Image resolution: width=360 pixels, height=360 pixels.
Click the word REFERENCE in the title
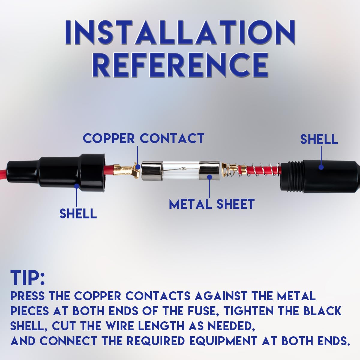[180, 65]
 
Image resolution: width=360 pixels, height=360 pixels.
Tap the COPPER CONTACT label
[143, 138]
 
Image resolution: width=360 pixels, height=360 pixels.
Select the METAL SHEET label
[212, 204]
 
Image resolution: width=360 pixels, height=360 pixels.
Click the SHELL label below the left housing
[78, 214]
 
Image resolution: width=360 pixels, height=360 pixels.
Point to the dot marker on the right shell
[321, 167]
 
